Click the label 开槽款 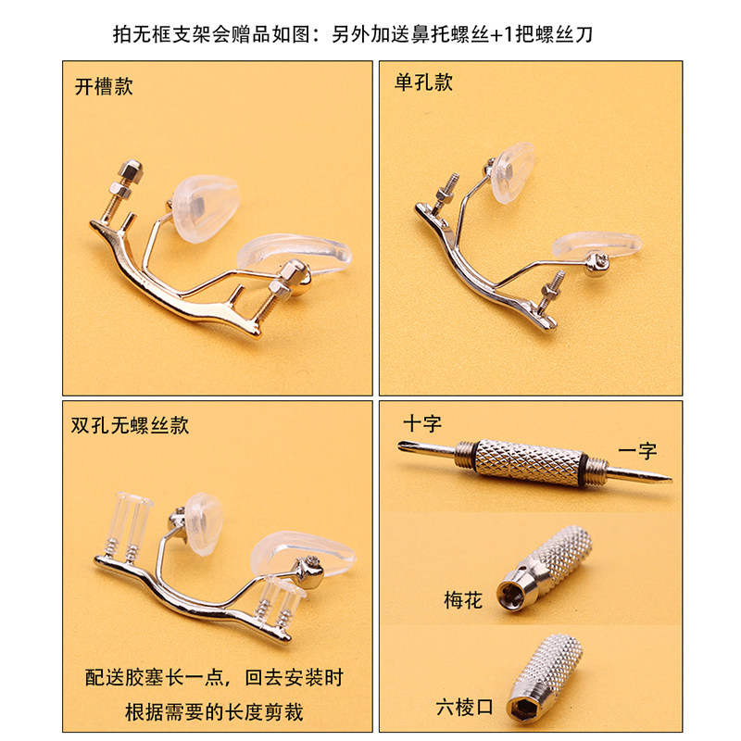point(104,87)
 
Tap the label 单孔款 point(424,82)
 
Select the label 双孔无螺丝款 point(130,425)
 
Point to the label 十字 point(422,423)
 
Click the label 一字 point(637,450)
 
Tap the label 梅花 point(463,600)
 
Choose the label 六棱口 point(465,708)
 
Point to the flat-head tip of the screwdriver point(668,479)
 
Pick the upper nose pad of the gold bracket point(205,207)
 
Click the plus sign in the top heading point(496,34)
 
